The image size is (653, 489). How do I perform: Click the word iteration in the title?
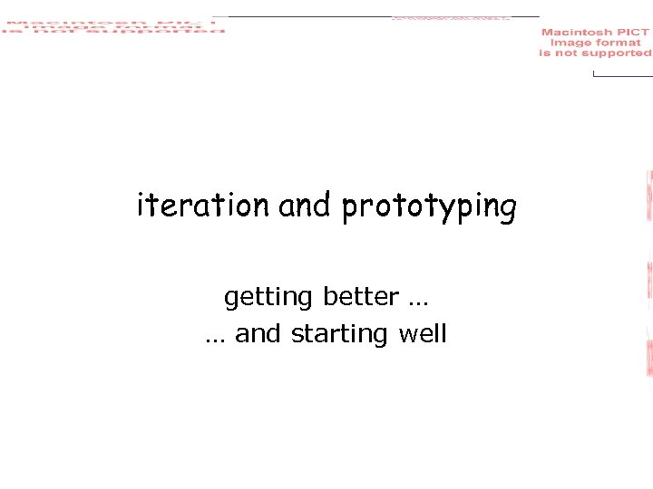(203, 206)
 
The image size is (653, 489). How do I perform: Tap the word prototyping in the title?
(429, 207)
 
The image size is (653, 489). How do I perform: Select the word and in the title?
(305, 206)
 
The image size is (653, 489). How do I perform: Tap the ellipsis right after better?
(419, 298)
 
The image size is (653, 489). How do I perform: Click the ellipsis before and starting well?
(215, 335)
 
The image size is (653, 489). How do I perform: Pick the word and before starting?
(258, 333)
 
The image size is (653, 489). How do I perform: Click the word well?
(423, 333)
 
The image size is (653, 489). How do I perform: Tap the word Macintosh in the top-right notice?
(577, 33)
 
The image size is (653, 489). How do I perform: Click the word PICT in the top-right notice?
(632, 33)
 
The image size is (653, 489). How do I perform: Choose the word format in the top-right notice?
(618, 43)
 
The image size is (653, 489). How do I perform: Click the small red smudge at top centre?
(451, 17)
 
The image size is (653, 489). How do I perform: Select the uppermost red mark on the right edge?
(649, 196)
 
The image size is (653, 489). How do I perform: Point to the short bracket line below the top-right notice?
(621, 74)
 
